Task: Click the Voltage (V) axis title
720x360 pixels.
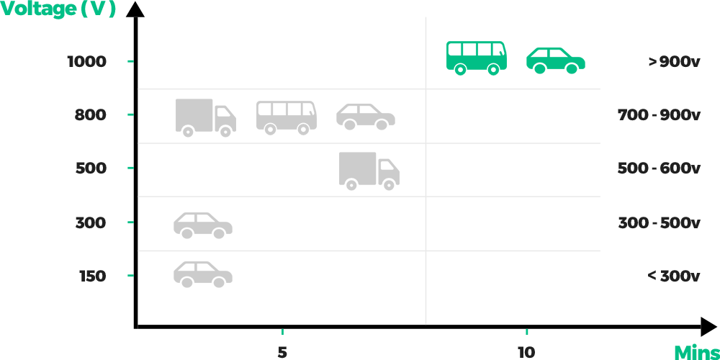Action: pyautogui.click(x=58, y=9)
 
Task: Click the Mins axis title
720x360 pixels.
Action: pyautogui.click(x=697, y=352)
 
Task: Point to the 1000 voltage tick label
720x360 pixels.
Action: pyautogui.click(x=86, y=61)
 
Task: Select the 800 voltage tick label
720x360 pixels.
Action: pyautogui.click(x=90, y=114)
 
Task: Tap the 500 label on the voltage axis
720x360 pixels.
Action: pyautogui.click(x=91, y=168)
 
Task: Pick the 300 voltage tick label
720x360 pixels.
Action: pyautogui.click(x=91, y=222)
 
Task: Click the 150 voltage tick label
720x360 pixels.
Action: pyautogui.click(x=92, y=276)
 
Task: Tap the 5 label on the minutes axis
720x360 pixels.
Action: pyautogui.click(x=282, y=352)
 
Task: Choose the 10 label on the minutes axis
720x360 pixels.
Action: pyautogui.click(x=526, y=352)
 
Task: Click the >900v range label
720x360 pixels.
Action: pyautogui.click(x=674, y=61)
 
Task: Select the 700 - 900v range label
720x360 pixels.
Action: pyautogui.click(x=659, y=114)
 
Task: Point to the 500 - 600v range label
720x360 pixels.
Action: pyautogui.click(x=659, y=168)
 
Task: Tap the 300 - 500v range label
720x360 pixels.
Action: pyautogui.click(x=659, y=222)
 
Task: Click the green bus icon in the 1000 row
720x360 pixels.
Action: pyautogui.click(x=476, y=58)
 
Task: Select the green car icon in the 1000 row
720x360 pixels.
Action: pyautogui.click(x=555, y=61)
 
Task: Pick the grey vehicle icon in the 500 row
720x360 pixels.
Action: pyautogui.click(x=369, y=171)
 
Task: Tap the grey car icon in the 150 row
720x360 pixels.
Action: pyautogui.click(x=202, y=274)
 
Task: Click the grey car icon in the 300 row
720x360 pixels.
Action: pyautogui.click(x=202, y=225)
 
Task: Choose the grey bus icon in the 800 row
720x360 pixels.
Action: pyautogui.click(x=286, y=117)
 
